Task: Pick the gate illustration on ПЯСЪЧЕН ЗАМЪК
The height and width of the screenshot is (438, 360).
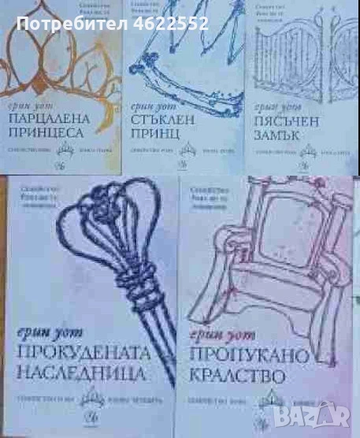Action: pos(303,55)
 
